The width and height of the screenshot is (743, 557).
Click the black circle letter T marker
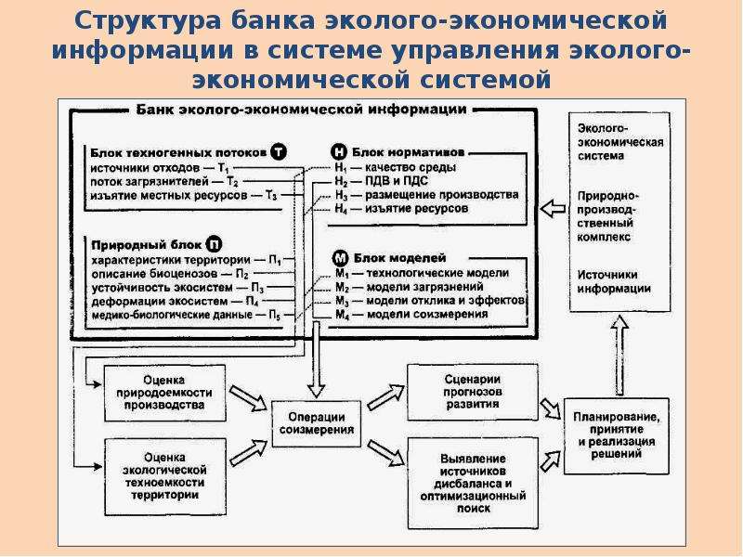279,152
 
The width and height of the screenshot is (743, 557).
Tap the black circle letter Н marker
338,152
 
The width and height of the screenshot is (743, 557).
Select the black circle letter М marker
340,259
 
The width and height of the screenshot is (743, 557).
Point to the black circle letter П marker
215,244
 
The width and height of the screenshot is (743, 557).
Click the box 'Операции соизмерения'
317,423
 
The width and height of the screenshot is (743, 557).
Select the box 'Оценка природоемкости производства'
165,393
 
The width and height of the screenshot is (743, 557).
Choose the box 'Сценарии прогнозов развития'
473,392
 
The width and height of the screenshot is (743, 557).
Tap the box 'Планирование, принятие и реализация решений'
616,435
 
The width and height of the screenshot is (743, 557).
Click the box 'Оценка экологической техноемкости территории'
165,476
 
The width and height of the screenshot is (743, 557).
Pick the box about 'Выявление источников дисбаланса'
473,483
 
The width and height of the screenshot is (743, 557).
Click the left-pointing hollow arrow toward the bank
553,208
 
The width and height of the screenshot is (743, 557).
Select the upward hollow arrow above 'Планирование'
619,356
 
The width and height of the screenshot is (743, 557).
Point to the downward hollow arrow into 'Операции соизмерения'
317,360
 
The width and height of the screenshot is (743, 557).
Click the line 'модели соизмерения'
411,315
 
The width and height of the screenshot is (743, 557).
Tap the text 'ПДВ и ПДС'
397,181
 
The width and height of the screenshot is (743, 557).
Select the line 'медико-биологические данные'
187,315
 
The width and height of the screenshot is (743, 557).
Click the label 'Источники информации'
614,282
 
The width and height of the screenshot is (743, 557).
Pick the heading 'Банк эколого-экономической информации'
301,110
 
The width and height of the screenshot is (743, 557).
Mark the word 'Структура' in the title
148,20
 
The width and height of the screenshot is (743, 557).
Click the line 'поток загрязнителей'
164,181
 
